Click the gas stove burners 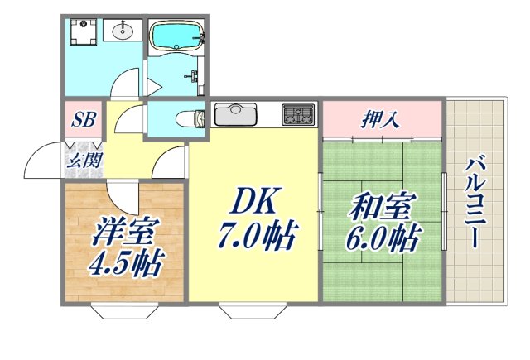click(298, 113)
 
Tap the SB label click(83, 119)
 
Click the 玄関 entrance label click(84, 160)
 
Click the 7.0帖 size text click(255, 238)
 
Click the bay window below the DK click(253, 312)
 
